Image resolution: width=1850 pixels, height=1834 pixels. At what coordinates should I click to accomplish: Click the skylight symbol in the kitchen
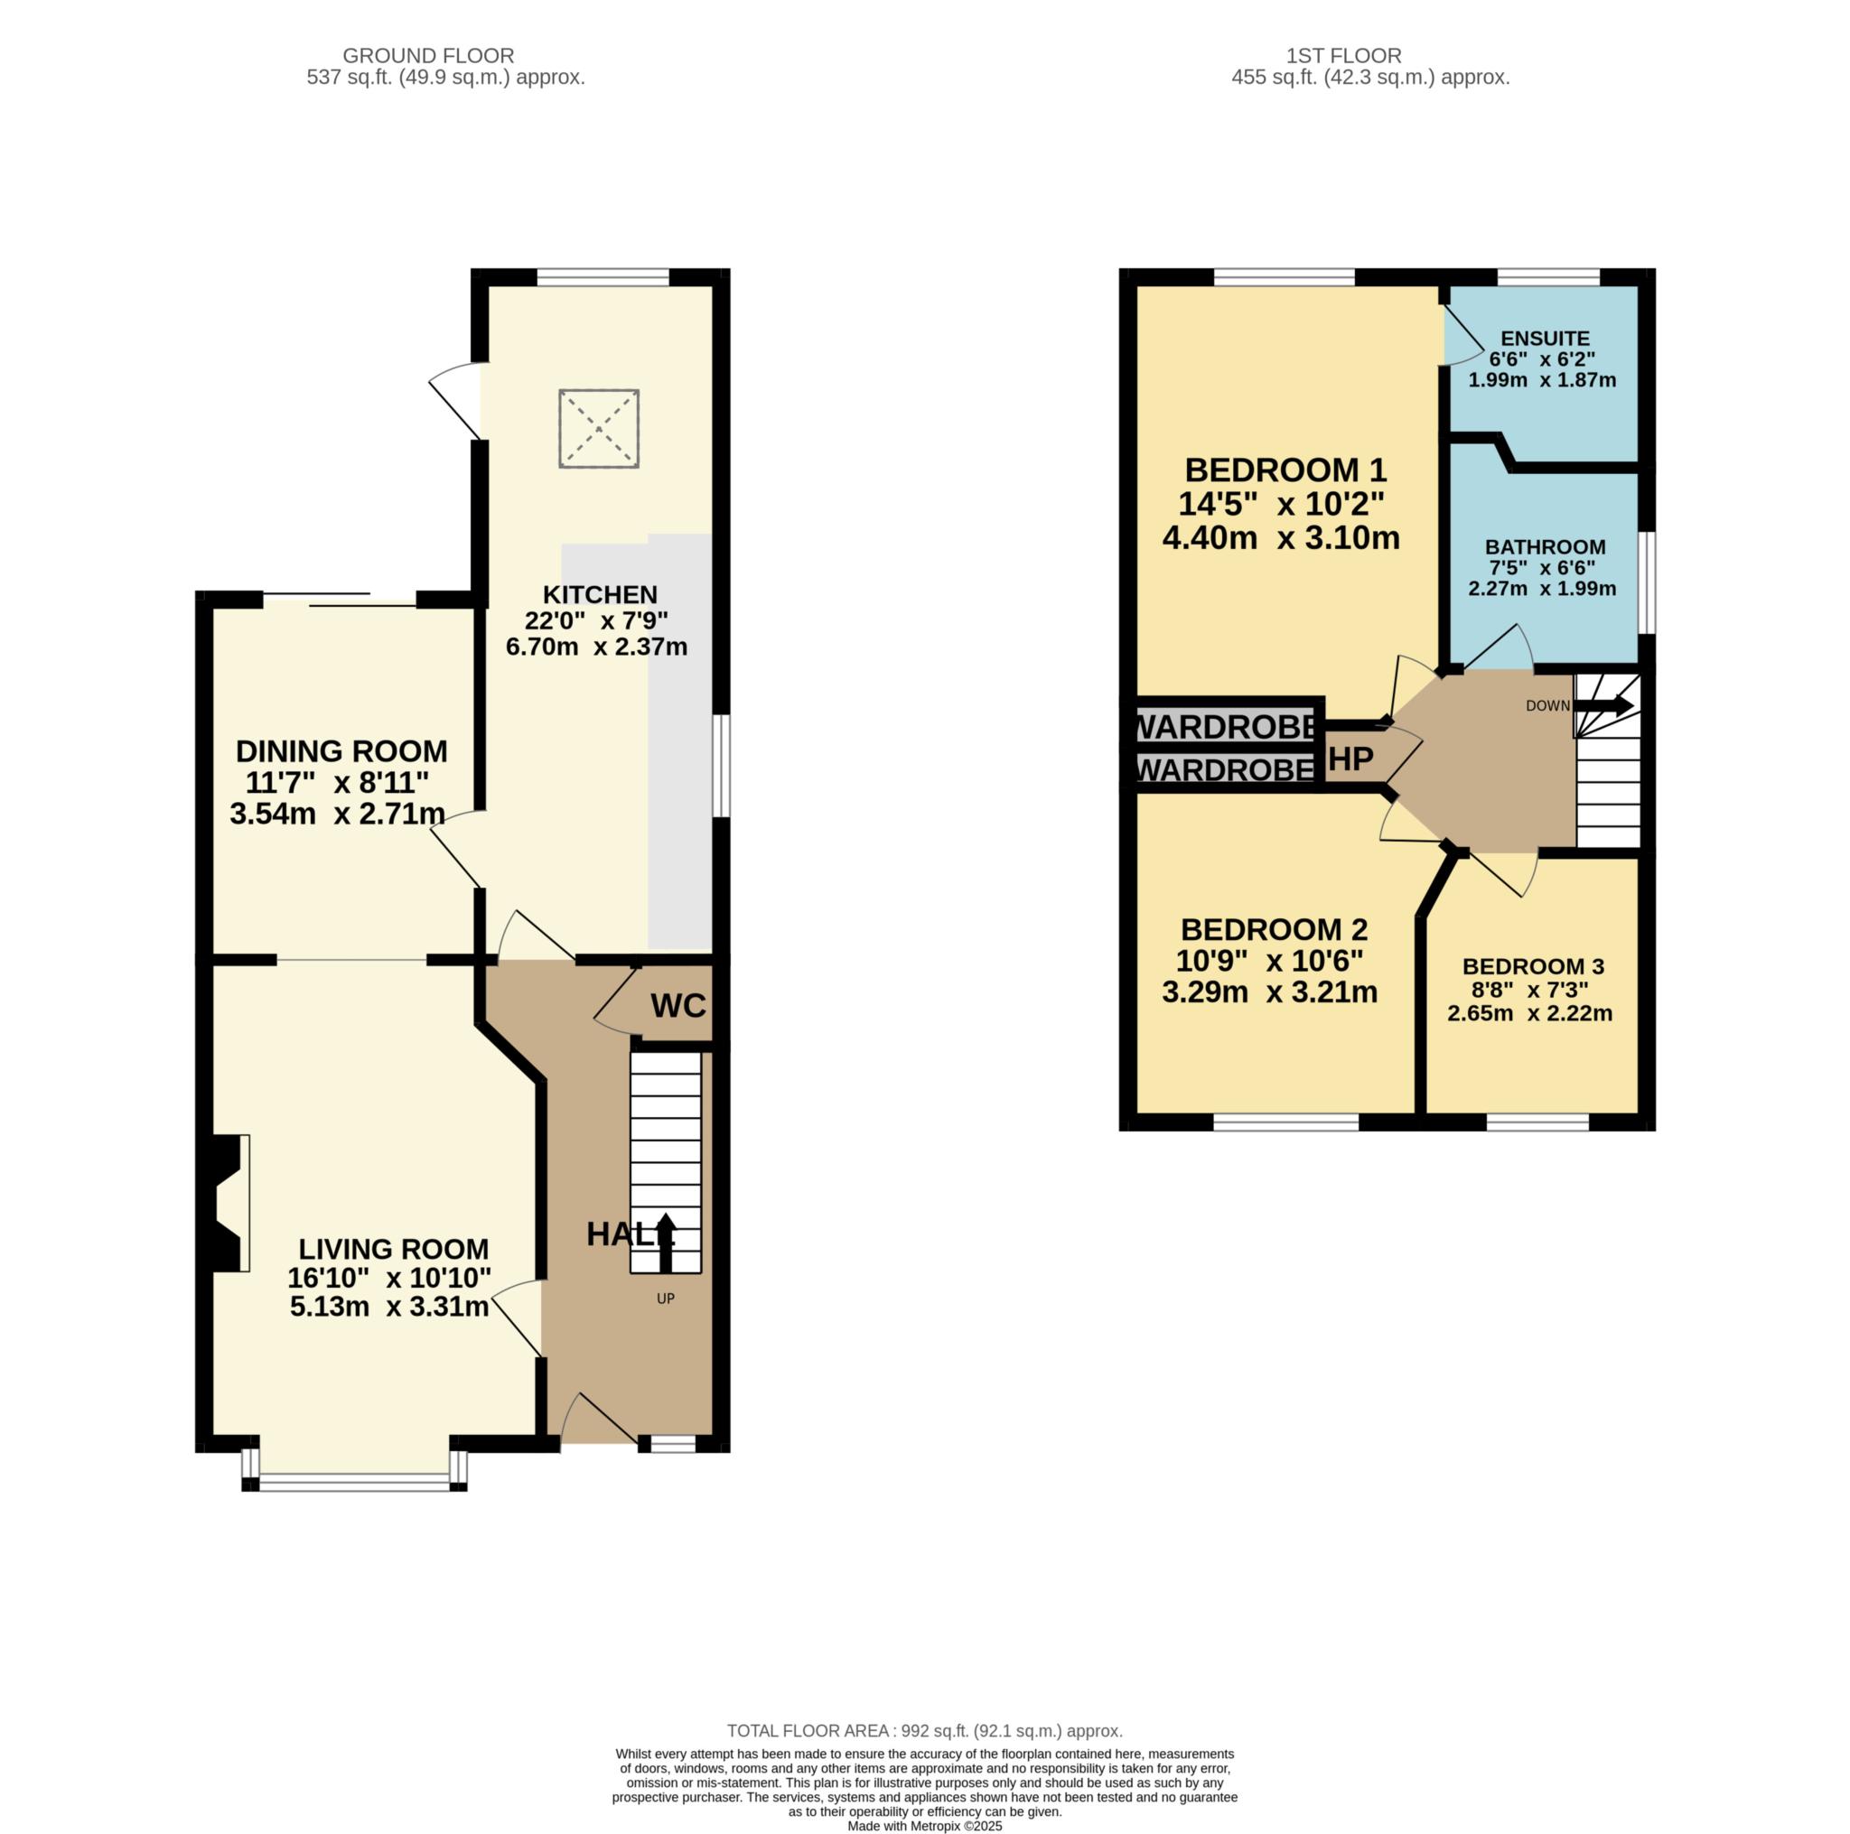point(599,428)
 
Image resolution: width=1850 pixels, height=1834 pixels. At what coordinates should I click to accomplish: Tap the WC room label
point(678,1005)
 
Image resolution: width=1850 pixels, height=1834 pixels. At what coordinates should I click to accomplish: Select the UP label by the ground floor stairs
point(666,1299)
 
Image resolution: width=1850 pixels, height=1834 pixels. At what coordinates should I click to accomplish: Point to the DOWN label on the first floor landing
point(1547,705)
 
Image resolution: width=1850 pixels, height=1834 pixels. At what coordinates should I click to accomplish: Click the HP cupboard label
point(1351,759)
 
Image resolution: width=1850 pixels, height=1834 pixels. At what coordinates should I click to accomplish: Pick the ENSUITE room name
point(1545,338)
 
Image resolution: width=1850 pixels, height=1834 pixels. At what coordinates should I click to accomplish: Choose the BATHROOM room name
point(1545,546)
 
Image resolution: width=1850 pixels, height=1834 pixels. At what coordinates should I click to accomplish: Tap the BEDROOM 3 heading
point(1533,966)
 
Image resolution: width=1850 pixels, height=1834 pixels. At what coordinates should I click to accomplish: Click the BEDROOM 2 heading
point(1274,928)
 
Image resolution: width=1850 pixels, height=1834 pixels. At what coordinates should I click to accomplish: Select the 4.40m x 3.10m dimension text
point(1280,538)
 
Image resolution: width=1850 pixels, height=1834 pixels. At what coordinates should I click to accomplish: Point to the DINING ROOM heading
point(341,750)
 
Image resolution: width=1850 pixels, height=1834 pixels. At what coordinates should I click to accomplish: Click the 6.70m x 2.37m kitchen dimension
point(595,647)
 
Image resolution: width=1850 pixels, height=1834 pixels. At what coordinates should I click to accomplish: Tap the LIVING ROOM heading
point(393,1248)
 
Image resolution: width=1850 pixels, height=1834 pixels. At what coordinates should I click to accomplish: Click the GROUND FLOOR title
point(428,55)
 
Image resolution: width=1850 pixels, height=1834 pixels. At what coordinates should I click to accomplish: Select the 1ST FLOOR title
point(1343,55)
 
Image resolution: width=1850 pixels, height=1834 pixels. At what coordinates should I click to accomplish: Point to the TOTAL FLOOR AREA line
point(924,1731)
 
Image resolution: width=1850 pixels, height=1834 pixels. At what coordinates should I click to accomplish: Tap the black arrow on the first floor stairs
point(1604,706)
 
